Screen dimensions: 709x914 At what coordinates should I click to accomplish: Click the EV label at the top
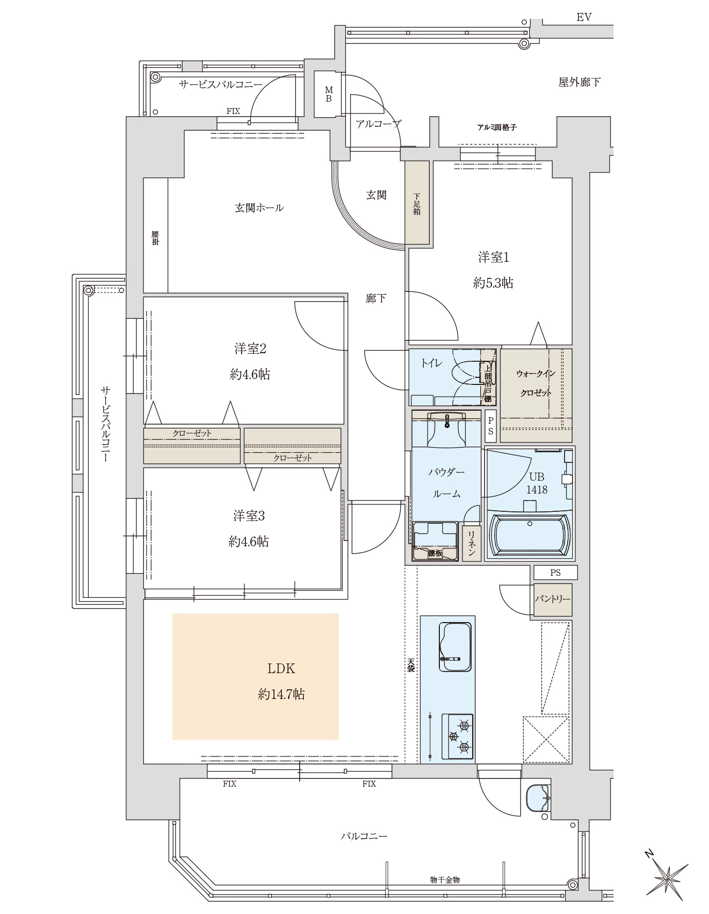tap(584, 17)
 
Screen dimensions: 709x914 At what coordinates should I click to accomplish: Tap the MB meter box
tap(328, 94)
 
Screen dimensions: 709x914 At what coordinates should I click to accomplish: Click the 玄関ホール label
tap(259, 208)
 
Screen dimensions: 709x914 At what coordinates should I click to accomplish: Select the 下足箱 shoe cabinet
tap(417, 204)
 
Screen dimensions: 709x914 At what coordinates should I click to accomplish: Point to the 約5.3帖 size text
tap(493, 283)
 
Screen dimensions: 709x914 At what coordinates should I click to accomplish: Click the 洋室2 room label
tap(250, 349)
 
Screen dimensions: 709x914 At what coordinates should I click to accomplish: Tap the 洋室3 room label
tap(249, 516)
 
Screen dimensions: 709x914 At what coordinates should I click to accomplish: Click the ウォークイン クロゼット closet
tap(536, 396)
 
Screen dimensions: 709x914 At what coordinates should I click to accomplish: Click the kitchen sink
tap(455, 646)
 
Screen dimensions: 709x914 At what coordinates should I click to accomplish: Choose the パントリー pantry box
tap(552, 598)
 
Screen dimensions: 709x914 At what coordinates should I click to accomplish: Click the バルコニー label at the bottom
tap(364, 837)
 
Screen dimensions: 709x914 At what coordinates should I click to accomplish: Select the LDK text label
tap(281, 669)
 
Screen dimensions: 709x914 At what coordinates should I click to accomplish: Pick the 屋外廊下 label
tap(579, 82)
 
